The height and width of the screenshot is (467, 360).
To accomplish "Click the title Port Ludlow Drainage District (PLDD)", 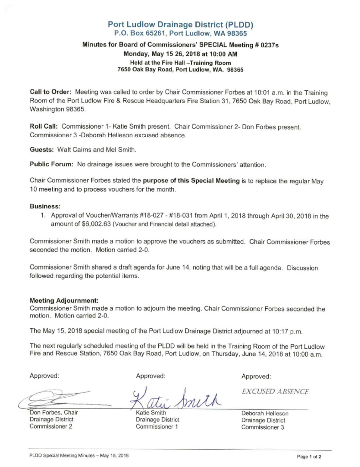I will point(180,24).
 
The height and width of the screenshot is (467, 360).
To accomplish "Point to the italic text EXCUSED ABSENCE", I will point(275,391).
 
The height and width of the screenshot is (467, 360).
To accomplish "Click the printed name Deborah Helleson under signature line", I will point(265,414).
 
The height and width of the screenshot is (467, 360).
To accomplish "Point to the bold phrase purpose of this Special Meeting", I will point(193,182).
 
